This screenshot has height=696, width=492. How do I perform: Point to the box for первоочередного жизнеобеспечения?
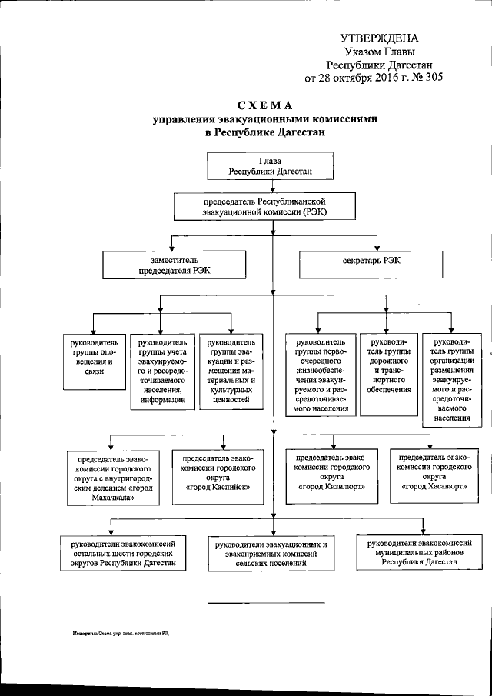(321, 373)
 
